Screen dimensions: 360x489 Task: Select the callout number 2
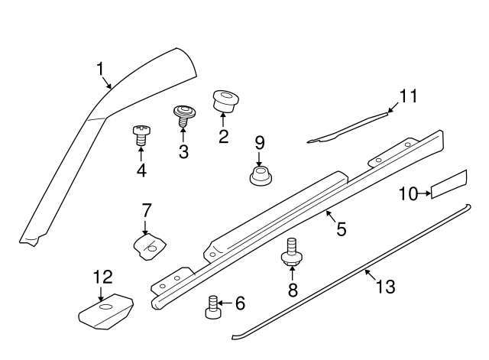point(223,137)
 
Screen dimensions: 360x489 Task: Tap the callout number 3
point(183,151)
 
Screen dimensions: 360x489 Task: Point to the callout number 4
point(141,170)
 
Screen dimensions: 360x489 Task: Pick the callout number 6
point(240,304)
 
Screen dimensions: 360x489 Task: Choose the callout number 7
point(147,209)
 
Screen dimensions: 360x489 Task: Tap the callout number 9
point(259,142)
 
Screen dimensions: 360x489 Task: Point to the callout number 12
point(102,277)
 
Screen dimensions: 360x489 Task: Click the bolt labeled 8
point(291,252)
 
